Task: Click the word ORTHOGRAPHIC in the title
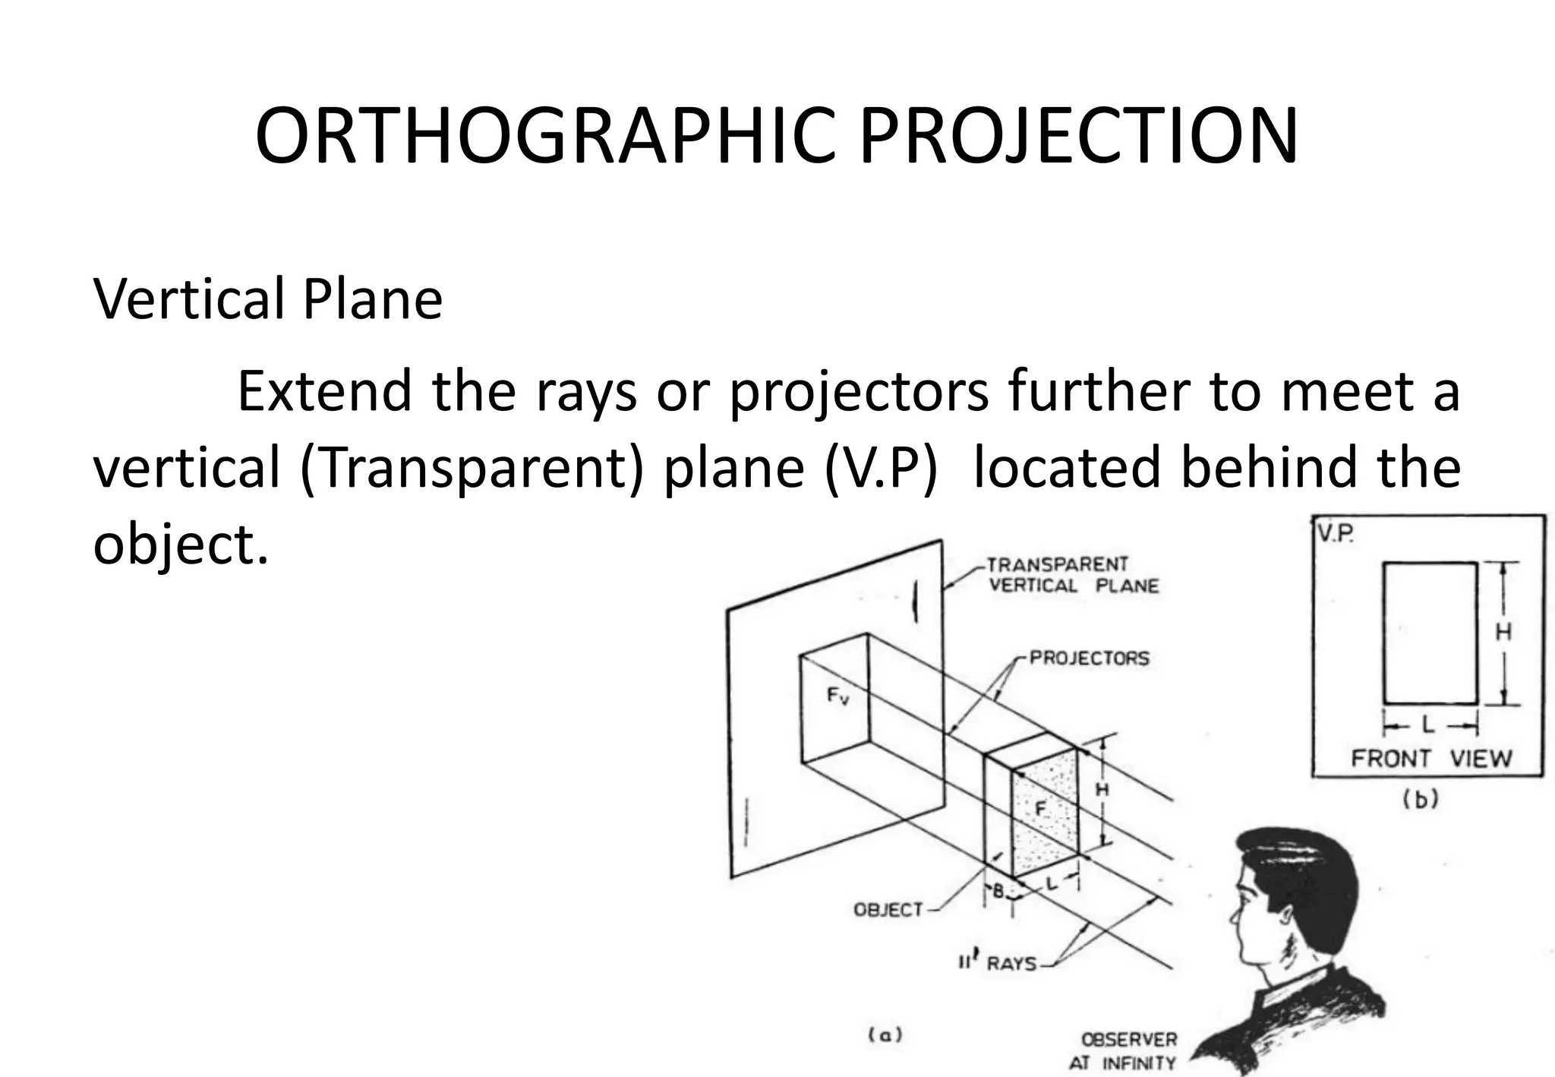544,137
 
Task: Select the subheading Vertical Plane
267,299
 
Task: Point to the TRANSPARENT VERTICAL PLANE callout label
1072,575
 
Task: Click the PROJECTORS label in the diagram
1089,658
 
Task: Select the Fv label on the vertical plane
837,695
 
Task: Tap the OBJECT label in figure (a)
888,909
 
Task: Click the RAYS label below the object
1011,964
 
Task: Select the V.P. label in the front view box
1335,534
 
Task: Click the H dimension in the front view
1503,632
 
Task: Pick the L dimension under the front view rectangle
1429,725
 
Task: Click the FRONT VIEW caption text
1431,758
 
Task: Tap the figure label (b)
1420,799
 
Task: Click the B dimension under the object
998,891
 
